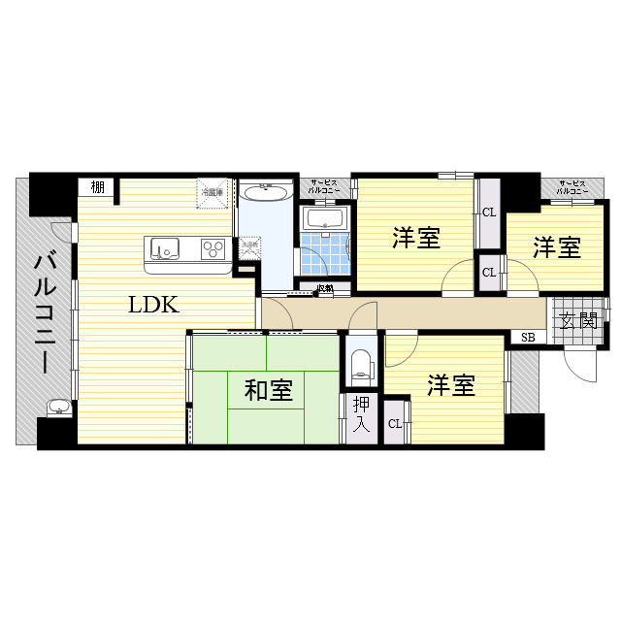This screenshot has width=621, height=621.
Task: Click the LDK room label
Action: pyautogui.click(x=153, y=305)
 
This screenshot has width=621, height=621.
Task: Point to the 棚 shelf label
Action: pyautogui.click(x=97, y=187)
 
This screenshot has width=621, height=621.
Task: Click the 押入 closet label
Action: pyautogui.click(x=361, y=414)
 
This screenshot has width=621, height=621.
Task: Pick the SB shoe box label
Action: pyautogui.click(x=527, y=337)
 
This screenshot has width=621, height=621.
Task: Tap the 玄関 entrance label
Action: pyautogui.click(x=577, y=320)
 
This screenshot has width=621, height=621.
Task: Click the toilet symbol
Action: pyautogui.click(x=362, y=363)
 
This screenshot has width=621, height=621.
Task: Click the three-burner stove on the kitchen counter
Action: pyautogui.click(x=212, y=251)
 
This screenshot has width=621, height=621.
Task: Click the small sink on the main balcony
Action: pyautogui.click(x=57, y=407)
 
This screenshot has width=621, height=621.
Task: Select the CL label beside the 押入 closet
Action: pyautogui.click(x=395, y=423)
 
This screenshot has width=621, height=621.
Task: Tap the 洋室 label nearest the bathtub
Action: pyautogui.click(x=417, y=238)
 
